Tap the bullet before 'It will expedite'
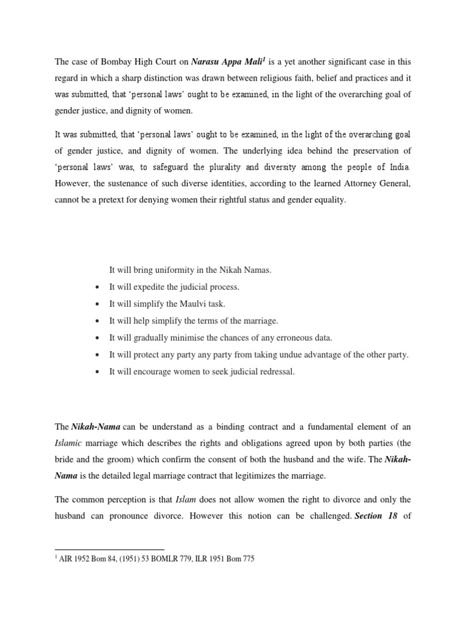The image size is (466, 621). point(98,287)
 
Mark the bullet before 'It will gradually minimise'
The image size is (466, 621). point(98,338)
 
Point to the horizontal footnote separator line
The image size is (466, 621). point(109,549)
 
